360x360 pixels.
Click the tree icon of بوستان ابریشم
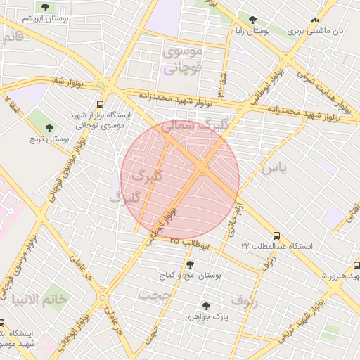[46, 7]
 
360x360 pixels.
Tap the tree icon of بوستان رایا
[253, 20]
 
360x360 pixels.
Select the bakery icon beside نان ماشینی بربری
[315, 20]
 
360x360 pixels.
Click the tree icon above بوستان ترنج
[49, 127]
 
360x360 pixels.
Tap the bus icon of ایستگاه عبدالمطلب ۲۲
[276, 236]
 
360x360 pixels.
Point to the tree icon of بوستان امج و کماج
[190, 264]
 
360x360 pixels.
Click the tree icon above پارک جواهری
[206, 306]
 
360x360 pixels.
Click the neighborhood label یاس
[274, 169]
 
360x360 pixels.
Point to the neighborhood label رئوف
[244, 302]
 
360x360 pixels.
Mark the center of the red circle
[180, 180]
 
